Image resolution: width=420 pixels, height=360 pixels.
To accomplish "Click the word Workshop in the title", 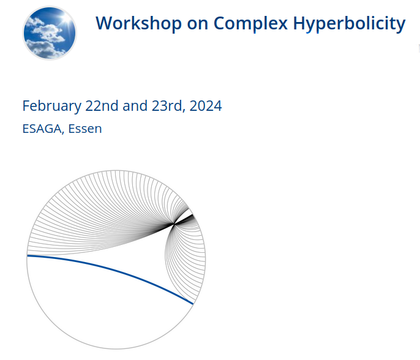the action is click(139, 23).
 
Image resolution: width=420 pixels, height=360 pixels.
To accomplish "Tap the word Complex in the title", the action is click(250, 23).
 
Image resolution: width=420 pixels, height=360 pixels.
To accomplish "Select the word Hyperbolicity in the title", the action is click(349, 24).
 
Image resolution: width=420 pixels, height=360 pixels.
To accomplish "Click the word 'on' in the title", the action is click(198, 24).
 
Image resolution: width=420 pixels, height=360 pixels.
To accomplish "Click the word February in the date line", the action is click(51, 107).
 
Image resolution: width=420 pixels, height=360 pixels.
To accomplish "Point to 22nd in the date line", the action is click(102, 106).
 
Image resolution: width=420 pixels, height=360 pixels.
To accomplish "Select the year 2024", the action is click(206, 106).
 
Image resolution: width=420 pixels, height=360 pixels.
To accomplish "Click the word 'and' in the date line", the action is click(135, 106).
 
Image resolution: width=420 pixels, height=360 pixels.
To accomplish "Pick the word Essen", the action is click(85, 129).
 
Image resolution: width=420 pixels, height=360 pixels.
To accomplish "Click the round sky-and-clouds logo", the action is click(50, 33).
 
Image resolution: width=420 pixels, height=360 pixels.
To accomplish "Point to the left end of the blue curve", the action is click(28, 256).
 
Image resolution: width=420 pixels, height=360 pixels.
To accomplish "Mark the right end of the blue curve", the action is click(193, 304).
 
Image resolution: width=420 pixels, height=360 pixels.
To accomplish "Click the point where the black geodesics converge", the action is click(174, 223).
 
